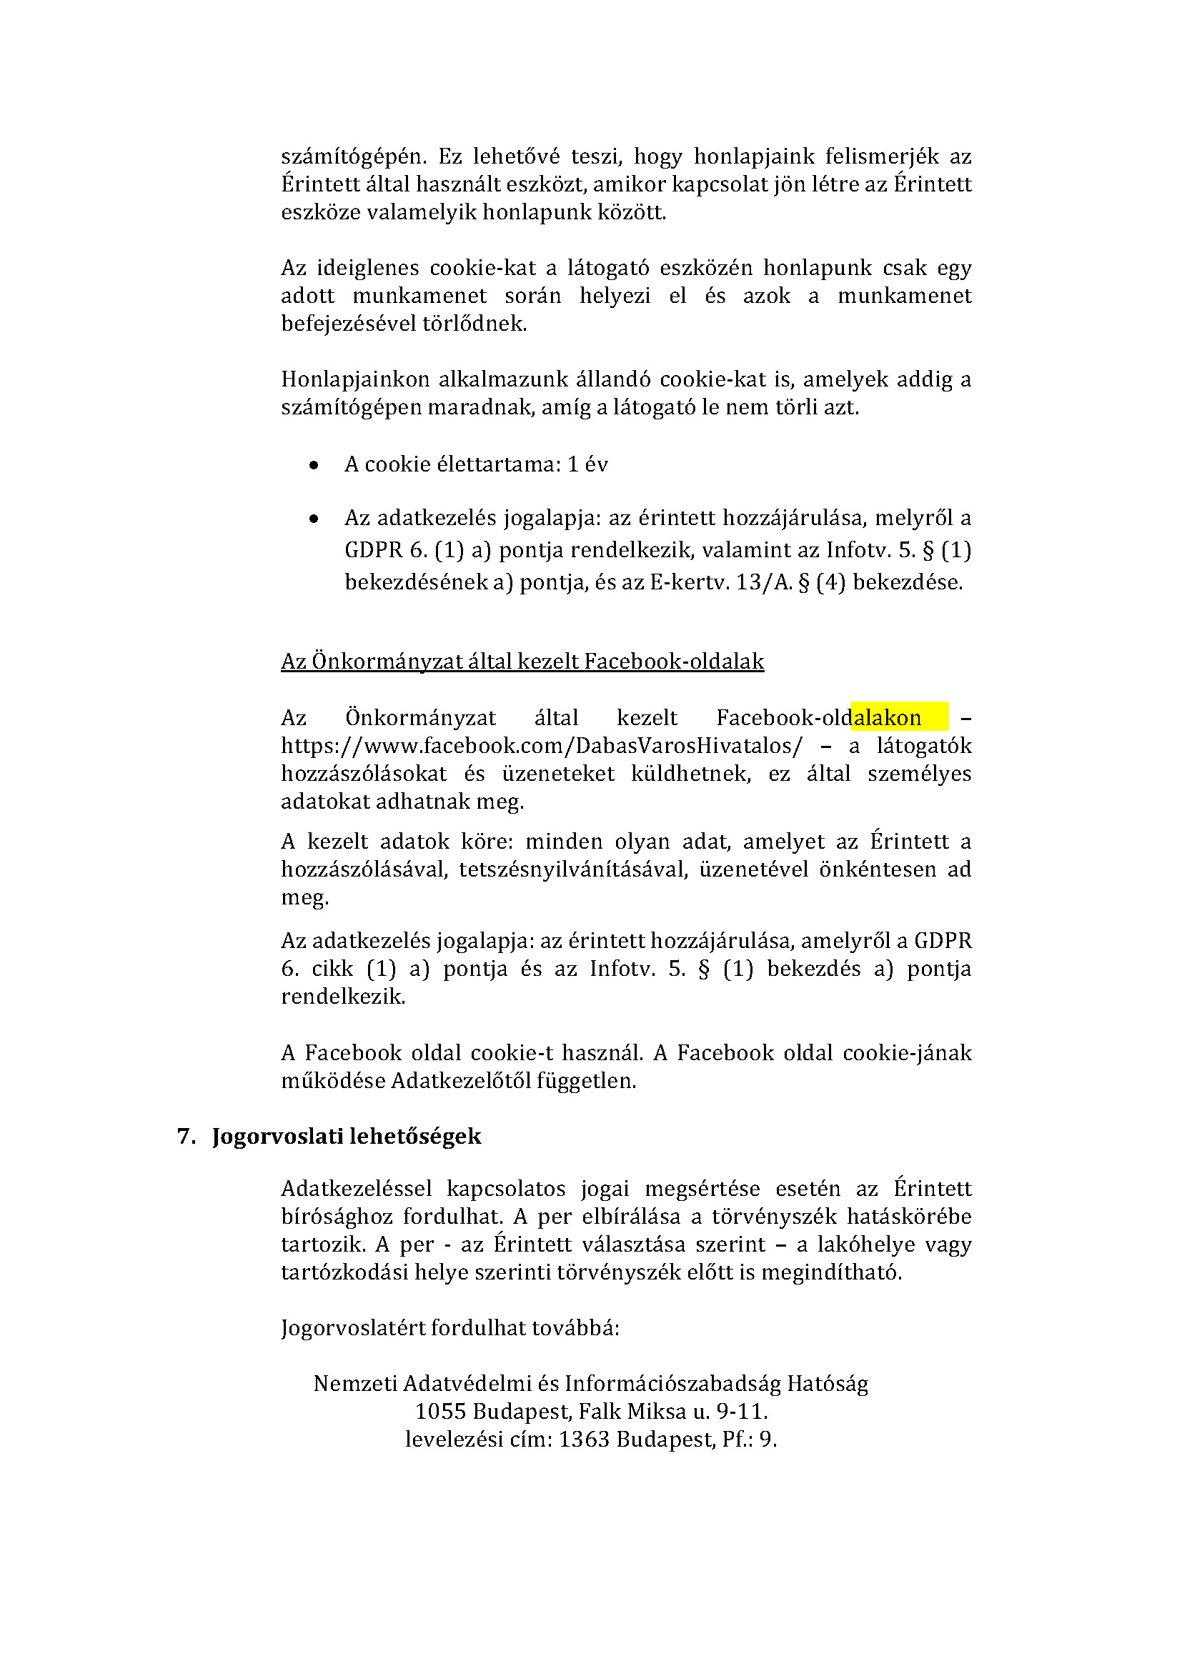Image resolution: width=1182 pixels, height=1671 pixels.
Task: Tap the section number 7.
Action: point(186,1137)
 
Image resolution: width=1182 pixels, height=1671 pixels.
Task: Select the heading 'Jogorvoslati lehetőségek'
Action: point(347,1137)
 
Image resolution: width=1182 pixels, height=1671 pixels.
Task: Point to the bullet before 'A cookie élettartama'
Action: point(314,465)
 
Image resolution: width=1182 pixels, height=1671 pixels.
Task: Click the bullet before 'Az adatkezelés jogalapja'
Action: point(314,519)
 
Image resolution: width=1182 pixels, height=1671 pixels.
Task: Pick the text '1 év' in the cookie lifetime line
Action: point(587,464)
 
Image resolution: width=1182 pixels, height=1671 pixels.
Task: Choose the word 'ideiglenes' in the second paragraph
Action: point(367,269)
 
